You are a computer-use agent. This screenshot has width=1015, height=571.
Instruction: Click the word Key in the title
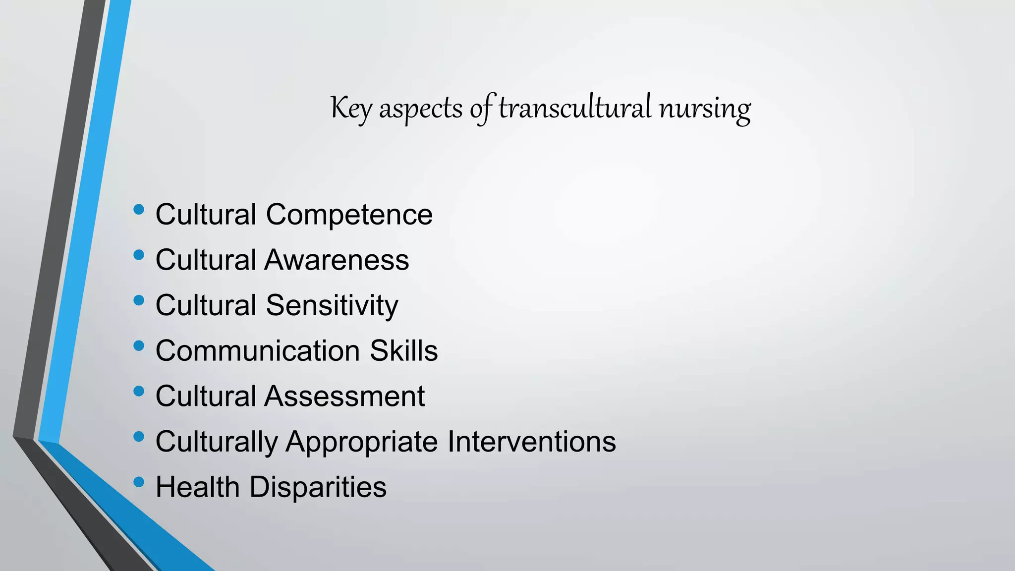[351, 108]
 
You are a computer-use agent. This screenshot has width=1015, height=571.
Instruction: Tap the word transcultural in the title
[574, 108]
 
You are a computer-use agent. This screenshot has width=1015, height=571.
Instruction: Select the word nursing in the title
[704, 109]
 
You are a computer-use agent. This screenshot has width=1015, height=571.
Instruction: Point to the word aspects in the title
[421, 109]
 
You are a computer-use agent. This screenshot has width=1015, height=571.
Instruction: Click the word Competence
[349, 215]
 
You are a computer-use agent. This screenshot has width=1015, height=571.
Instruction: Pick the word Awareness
[337, 260]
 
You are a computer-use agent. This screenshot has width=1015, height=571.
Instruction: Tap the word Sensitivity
[332, 305]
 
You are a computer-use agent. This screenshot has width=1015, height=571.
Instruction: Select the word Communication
[258, 351]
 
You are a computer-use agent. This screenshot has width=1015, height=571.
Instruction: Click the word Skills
[403, 351]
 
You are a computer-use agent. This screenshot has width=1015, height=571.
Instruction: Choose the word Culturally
[217, 442]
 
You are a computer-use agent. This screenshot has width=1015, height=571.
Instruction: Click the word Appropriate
[362, 442]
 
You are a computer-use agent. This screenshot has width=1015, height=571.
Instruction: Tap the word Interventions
[532, 442]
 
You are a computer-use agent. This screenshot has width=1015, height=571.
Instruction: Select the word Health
[198, 487]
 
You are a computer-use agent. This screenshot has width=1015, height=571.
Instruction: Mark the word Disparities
[318, 487]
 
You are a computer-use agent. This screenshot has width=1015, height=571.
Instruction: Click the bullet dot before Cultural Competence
[139, 210]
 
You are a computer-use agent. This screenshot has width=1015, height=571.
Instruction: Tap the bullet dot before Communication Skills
[139, 346]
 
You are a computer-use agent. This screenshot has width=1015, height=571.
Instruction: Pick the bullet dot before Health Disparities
[139, 482]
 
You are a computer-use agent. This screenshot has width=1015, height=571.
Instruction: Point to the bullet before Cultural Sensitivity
[139, 300]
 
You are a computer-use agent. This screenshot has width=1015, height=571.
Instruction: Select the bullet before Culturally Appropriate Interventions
[139, 437]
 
